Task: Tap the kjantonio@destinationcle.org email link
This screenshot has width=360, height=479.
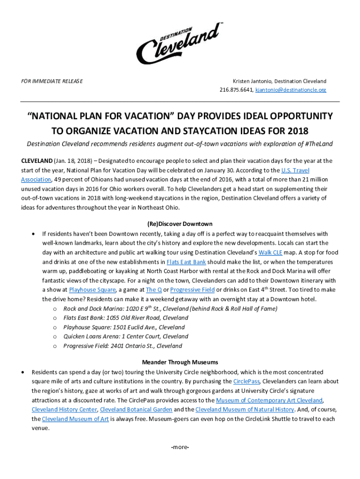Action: (290, 89)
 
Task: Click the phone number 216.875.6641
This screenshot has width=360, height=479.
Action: (236, 89)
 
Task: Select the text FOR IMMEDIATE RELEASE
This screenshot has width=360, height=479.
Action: (52, 81)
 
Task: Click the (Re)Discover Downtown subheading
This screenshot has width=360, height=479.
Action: (180, 224)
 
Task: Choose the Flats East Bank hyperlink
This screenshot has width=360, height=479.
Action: (186, 262)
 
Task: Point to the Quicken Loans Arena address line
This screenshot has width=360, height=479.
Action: (126, 336)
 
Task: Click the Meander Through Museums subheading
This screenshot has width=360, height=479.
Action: (180, 362)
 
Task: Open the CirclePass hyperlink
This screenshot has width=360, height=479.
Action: (246, 381)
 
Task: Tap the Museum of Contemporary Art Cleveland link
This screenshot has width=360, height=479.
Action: (269, 400)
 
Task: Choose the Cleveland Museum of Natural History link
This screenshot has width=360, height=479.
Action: (245, 410)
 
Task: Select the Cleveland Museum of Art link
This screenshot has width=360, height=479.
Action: (75, 419)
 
